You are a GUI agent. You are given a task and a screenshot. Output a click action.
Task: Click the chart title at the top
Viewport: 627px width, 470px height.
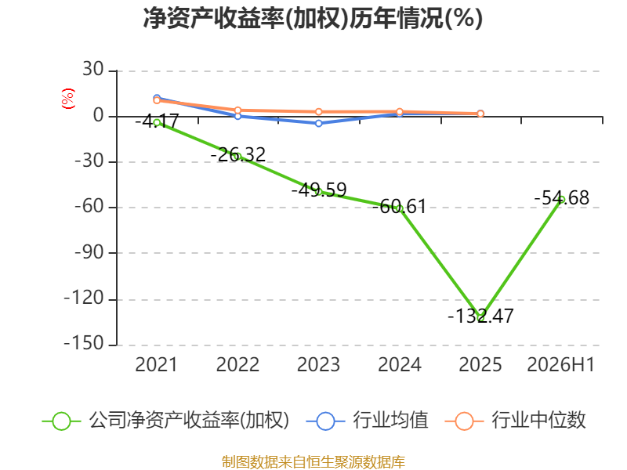[x=313, y=18]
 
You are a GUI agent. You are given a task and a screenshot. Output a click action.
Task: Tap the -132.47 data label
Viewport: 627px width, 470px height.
[x=480, y=316]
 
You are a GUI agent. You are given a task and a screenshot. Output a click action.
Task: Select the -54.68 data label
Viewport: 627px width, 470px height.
[x=562, y=198]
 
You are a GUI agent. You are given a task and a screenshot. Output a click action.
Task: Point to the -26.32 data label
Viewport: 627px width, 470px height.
[x=238, y=154]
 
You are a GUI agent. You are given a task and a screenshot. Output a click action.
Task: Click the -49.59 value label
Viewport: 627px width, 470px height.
[x=319, y=190]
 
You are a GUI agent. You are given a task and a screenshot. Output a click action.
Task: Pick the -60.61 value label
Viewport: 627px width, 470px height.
[x=399, y=207]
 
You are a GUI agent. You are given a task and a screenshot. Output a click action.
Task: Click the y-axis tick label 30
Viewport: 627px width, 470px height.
[x=93, y=69]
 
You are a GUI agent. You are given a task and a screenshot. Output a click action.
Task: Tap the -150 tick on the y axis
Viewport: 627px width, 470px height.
[x=84, y=343]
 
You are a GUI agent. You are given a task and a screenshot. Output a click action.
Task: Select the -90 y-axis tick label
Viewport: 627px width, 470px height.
[x=89, y=252]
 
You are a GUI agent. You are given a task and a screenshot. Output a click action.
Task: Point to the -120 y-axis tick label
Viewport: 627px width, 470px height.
[x=84, y=298]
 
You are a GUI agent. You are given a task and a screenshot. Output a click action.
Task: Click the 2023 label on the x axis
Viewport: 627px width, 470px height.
[x=318, y=364]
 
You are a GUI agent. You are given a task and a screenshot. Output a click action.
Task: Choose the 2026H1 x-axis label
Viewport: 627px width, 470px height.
[x=560, y=364]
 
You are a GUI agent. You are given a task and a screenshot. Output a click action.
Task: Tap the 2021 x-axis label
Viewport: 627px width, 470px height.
[x=156, y=364]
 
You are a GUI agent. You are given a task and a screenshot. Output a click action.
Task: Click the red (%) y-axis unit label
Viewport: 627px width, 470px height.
[x=67, y=99]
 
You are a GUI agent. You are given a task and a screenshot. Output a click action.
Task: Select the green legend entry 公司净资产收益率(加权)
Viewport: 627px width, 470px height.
[x=165, y=421]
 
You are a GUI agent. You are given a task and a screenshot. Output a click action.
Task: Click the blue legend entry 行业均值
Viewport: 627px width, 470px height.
[x=367, y=421]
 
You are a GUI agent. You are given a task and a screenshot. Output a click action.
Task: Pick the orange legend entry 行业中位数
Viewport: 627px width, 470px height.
[x=516, y=421]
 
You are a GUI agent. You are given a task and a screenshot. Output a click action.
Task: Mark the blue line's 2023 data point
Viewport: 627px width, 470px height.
[x=319, y=124]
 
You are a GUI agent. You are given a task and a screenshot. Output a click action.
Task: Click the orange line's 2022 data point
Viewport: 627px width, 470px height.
[x=238, y=110]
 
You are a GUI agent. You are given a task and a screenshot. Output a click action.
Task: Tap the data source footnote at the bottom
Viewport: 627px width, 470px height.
[x=313, y=462]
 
